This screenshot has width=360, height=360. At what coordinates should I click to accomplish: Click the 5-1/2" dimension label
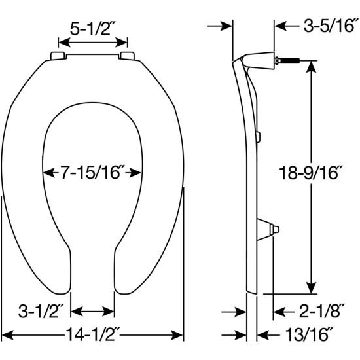coord(93,28)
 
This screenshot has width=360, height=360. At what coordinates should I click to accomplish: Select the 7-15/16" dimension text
coord(92,173)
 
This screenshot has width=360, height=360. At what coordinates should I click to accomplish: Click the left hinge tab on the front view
coord(56,56)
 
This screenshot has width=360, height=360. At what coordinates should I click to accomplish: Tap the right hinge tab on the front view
coord(128,56)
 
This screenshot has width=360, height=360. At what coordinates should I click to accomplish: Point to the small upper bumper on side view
coord(260,136)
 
